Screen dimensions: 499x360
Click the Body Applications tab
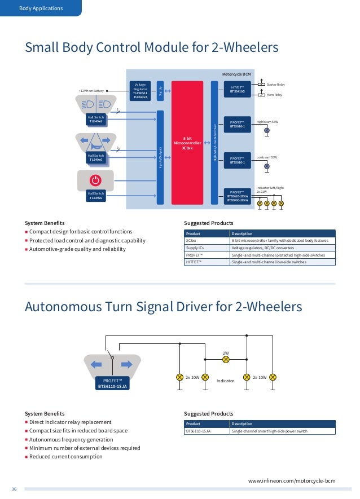(x=41, y=8)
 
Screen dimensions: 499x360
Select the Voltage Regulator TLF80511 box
(x=140, y=91)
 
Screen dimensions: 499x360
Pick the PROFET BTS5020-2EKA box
(x=237, y=196)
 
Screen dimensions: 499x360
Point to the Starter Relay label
(x=276, y=85)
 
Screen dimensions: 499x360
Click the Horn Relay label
(x=274, y=95)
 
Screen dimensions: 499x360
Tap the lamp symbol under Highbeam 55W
(x=267, y=130)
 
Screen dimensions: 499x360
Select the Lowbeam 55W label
(x=267, y=157)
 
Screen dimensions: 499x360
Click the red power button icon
(x=95, y=180)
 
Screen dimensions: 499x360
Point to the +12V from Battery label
(x=91, y=91)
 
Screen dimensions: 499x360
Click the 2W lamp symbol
(x=226, y=359)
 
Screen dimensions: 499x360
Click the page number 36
(x=14, y=489)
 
